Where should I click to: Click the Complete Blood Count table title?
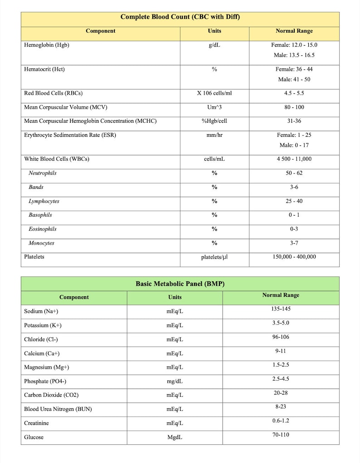pos(180,17)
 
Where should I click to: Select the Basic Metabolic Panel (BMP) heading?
pos(180,284)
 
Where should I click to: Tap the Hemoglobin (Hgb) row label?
pos(47,45)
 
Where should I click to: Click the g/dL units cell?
pos(214,45)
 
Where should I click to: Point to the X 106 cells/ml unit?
pos(214,93)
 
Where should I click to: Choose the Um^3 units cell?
pos(214,107)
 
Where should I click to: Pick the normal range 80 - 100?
pos(294,107)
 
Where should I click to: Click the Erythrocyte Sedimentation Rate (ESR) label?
pos(70,135)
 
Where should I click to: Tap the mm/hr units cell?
pos(214,135)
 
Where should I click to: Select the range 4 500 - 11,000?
pos(294,159)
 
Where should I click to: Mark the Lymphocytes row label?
pos(44,201)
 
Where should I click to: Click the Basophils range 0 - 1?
pos(294,215)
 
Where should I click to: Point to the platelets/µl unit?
pos(214,257)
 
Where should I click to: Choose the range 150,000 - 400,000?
pos(294,257)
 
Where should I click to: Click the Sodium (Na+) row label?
pos(41,312)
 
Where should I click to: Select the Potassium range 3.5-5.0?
pos(281,323)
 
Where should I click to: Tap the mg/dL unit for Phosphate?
pos(175,381)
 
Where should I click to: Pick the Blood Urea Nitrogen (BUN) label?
pos(58,409)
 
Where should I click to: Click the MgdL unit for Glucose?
pos(175,438)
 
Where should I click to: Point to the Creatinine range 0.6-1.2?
pos(281,421)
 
